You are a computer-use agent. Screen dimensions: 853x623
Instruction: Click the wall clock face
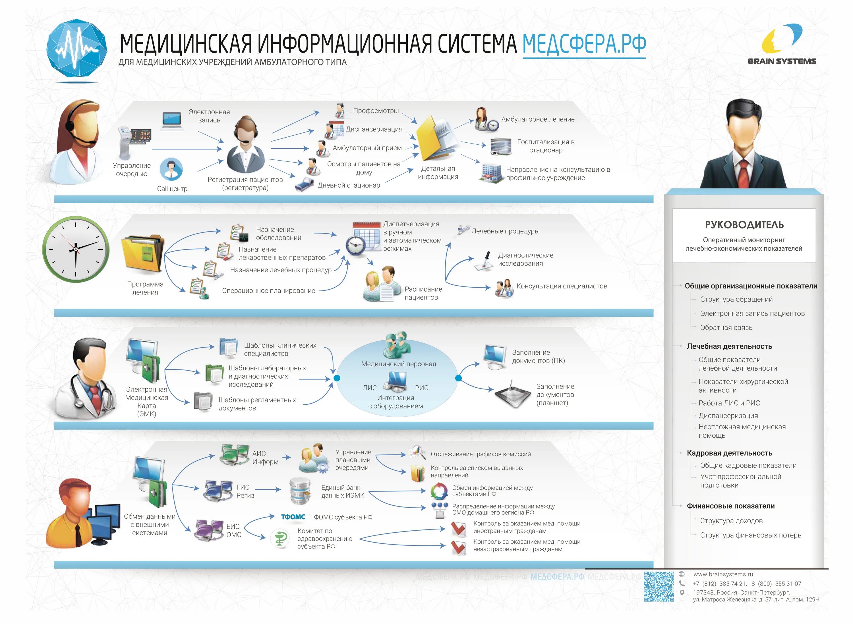click(76, 249)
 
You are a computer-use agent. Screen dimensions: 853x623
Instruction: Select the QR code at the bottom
click(659, 586)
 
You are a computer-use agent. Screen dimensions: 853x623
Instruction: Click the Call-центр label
click(172, 188)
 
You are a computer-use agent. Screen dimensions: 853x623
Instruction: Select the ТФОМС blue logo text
click(293, 517)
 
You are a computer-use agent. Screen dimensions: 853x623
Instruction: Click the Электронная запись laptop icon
click(172, 121)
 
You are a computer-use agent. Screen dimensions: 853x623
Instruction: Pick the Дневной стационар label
click(349, 185)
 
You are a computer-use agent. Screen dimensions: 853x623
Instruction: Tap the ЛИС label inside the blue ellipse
click(369, 388)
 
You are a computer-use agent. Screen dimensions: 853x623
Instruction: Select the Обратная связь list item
click(726, 327)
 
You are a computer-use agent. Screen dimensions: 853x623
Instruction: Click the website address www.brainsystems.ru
click(723, 574)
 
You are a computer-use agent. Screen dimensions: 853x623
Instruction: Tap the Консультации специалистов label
click(561, 286)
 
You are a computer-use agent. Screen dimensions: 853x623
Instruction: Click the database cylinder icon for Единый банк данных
click(300, 491)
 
